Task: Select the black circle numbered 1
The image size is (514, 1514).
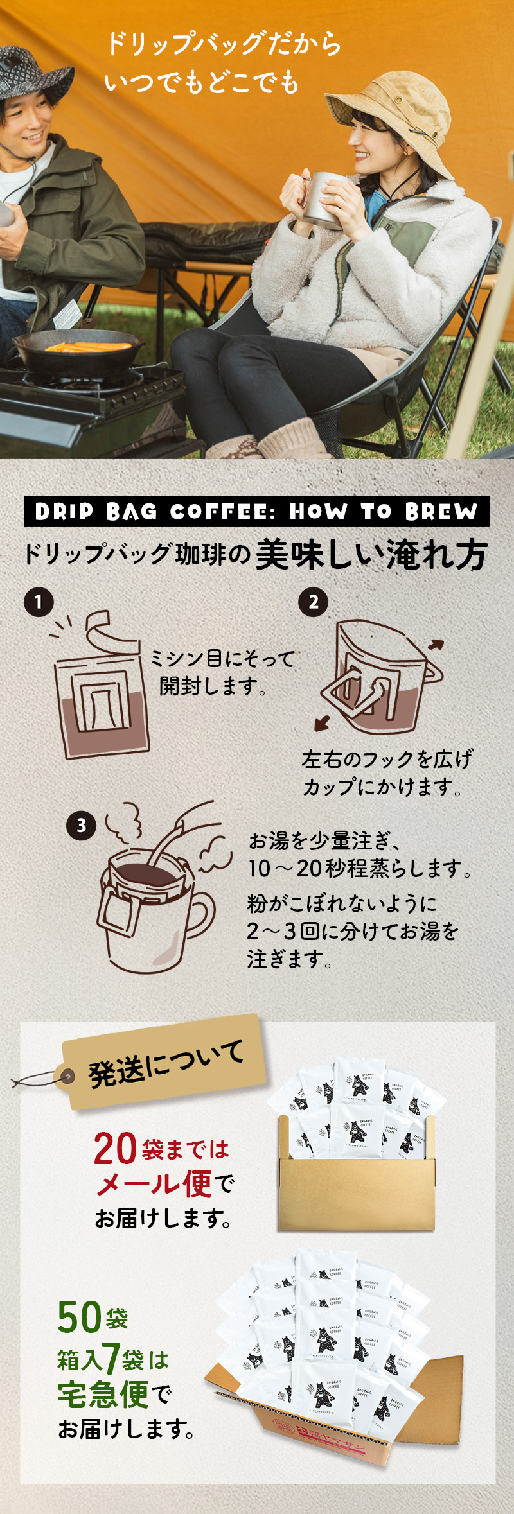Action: tap(39, 602)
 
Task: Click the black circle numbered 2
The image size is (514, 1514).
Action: tap(313, 602)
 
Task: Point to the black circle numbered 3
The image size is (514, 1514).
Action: tap(81, 825)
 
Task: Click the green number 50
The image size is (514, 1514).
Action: tap(79, 1317)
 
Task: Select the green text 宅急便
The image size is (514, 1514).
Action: tap(103, 1395)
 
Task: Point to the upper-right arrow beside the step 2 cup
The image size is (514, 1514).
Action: tap(436, 645)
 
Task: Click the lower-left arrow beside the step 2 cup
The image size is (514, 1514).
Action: tap(322, 724)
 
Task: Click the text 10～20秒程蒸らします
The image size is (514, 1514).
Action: tap(360, 869)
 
